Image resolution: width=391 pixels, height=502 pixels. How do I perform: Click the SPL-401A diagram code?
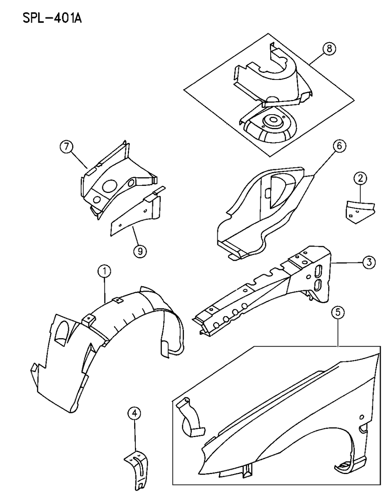(49, 19)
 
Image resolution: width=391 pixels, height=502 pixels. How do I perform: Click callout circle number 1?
(105, 272)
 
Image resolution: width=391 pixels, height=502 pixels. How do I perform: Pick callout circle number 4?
(134, 413)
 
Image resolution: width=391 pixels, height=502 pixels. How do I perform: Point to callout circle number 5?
(338, 313)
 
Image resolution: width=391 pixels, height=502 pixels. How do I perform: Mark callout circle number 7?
(67, 147)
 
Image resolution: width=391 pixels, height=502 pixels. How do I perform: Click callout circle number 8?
(329, 49)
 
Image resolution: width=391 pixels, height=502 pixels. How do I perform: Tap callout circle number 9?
(140, 251)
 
